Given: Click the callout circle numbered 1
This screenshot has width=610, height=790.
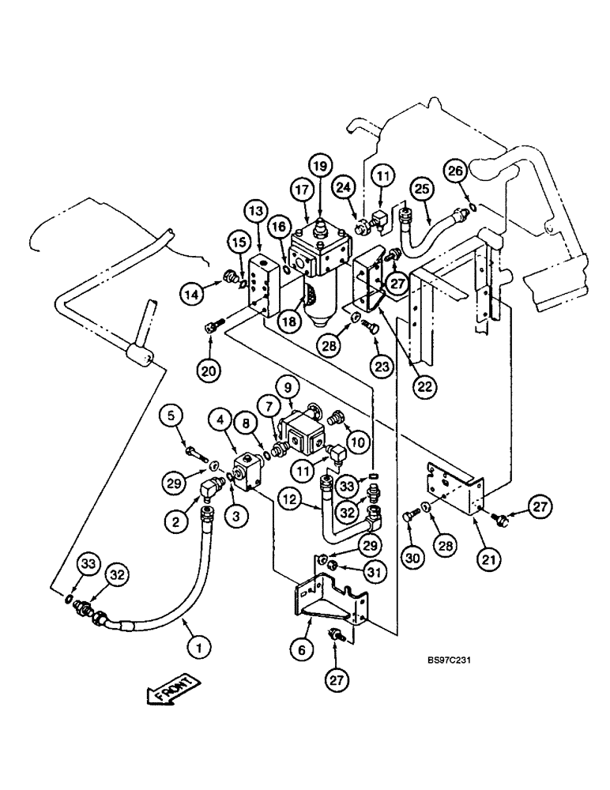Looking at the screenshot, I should pyautogui.click(x=200, y=648).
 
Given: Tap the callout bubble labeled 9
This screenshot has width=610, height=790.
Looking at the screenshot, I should pyautogui.click(x=285, y=387).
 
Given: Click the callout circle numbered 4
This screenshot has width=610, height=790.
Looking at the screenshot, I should pyautogui.click(x=220, y=418).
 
